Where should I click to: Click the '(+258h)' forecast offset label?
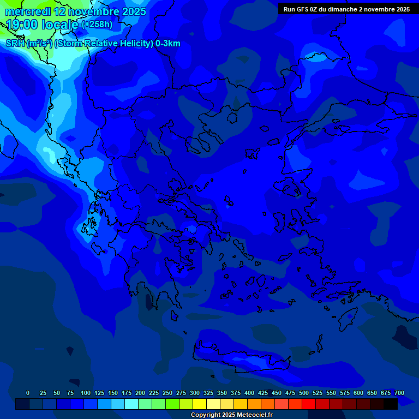(x=97, y=25)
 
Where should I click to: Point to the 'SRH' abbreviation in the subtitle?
(x=15, y=44)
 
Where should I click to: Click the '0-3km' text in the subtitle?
(x=167, y=44)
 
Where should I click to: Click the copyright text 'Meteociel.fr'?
(x=250, y=415)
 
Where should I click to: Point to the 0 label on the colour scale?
(x=28, y=393)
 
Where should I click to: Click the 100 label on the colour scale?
(x=86, y=393)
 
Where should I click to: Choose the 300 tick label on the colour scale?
(x=195, y=393)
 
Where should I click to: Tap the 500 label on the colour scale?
(x=304, y=393)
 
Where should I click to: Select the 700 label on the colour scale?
(x=399, y=393)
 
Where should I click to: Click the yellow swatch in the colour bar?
(x=200, y=404)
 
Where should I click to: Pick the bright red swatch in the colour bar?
(x=309, y=404)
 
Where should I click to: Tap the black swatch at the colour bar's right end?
(x=391, y=404)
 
